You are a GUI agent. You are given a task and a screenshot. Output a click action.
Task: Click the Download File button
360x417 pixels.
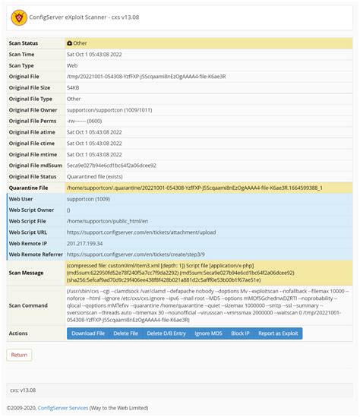(x=88, y=333)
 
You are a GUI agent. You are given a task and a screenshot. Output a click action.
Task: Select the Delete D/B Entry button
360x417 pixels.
(x=166, y=333)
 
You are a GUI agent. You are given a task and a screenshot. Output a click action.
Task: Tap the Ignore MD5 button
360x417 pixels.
(x=208, y=333)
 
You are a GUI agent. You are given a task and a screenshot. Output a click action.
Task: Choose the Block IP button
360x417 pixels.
(x=240, y=333)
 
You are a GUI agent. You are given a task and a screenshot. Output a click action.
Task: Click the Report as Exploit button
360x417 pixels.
(x=279, y=333)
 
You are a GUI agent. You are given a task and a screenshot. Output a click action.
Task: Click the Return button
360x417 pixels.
(x=19, y=355)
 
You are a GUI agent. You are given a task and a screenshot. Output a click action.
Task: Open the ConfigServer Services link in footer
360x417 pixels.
(x=62, y=408)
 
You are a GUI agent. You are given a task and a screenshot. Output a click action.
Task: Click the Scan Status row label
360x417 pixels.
(x=24, y=43)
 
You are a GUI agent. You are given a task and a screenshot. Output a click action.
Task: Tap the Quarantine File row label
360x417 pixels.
(x=29, y=188)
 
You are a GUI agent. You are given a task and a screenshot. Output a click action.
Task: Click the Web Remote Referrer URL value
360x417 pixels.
(x=135, y=254)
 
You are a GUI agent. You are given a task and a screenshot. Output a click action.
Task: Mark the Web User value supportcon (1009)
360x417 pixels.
(x=88, y=199)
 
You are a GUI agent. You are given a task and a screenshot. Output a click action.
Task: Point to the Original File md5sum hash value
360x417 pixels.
(x=112, y=165)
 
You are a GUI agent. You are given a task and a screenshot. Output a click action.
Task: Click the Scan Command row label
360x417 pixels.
(x=29, y=305)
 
